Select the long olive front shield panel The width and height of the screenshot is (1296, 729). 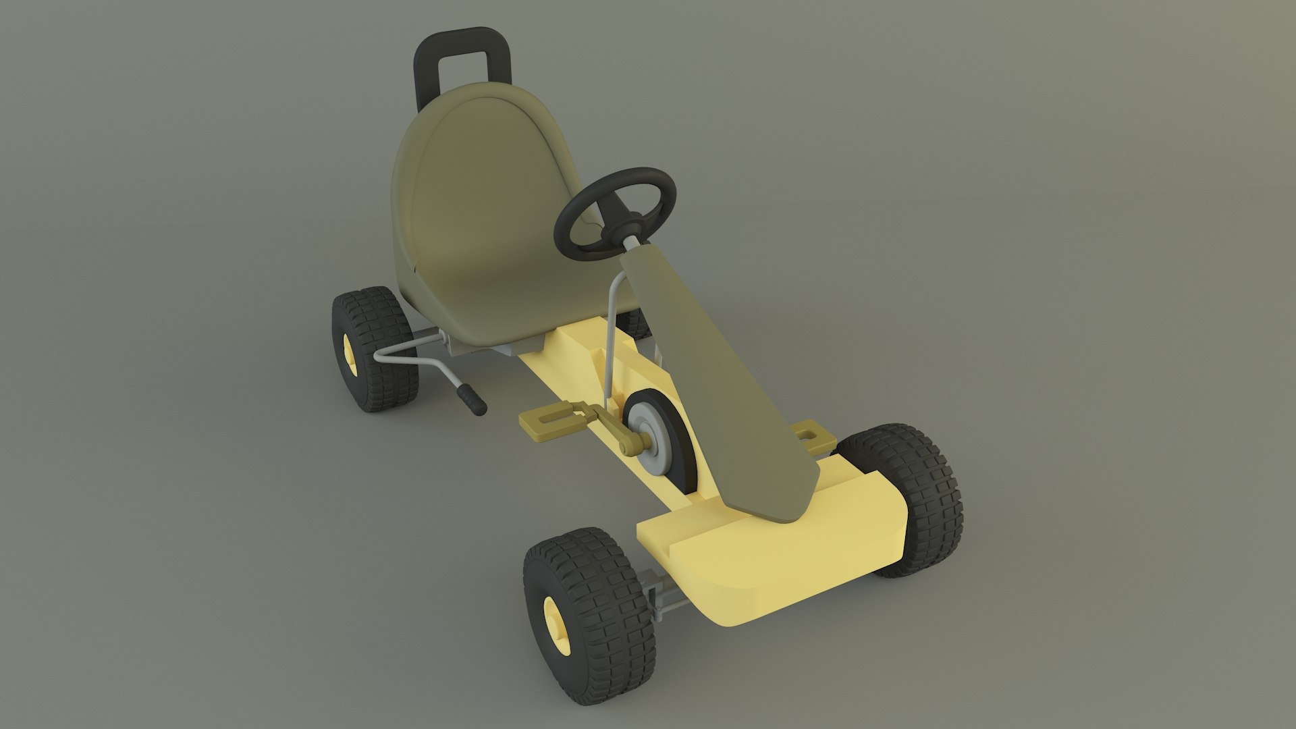pos(715,378)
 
